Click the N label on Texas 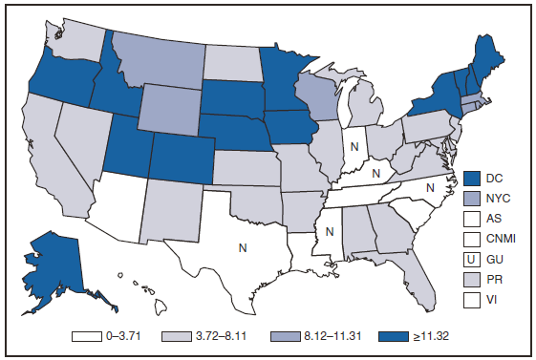pos(244,247)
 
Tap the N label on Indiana pos(354,147)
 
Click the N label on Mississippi pos(330,230)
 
